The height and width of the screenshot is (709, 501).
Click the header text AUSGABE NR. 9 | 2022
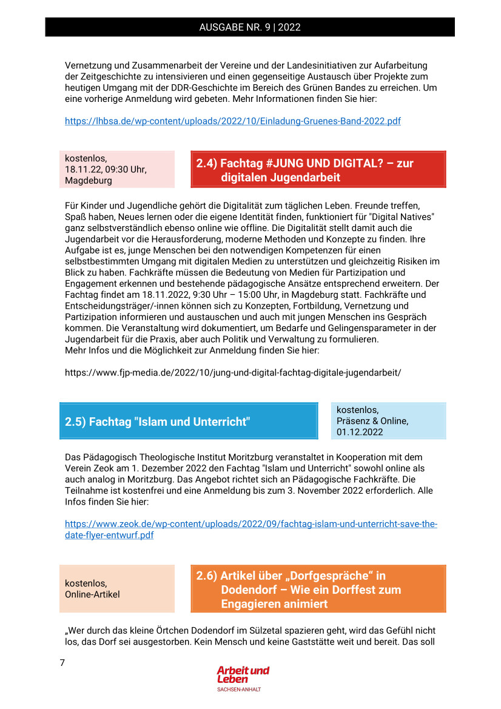(250, 27)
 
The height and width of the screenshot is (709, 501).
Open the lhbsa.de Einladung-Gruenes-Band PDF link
(232, 121)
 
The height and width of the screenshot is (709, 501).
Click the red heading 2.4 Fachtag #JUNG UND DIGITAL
(318, 170)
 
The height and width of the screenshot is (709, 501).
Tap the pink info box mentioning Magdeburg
(116, 169)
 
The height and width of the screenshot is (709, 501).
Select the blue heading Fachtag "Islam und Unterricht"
(188, 422)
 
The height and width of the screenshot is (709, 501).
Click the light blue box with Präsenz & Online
(388, 421)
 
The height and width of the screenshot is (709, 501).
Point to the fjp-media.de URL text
(232, 372)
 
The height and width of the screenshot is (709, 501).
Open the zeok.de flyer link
(250, 530)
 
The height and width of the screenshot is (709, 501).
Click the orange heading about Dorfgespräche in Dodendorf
(318, 590)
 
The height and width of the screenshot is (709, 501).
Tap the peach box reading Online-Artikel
(116, 589)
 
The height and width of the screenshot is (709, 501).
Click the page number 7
(62, 663)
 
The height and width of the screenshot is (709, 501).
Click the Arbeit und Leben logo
(243, 675)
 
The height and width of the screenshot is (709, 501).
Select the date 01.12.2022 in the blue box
(360, 432)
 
